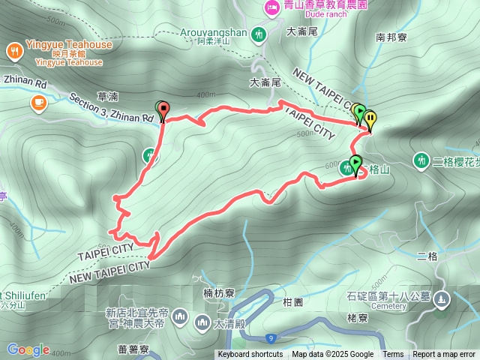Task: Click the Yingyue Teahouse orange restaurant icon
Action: pyautogui.click(x=14, y=51)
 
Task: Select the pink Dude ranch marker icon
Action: pyautogui.click(x=271, y=8)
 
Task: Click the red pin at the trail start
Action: pyautogui.click(x=163, y=109)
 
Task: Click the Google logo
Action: pyautogui.click(x=28, y=349)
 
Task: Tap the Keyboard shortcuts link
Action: pyautogui.click(x=250, y=355)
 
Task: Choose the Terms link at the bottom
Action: pyautogui.click(x=393, y=355)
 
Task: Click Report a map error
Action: pyautogui.click(x=444, y=355)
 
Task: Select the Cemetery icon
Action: pyautogui.click(x=442, y=299)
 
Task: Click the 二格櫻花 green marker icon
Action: pyautogui.click(x=421, y=160)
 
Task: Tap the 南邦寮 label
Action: pyautogui.click(x=391, y=36)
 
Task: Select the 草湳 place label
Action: pyautogui.click(x=108, y=96)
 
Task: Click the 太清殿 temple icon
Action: pyautogui.click(x=202, y=323)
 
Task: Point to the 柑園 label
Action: pyautogui.click(x=292, y=301)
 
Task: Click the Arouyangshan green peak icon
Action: pyautogui.click(x=259, y=34)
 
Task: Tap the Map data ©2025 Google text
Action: pyautogui.click(x=332, y=355)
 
